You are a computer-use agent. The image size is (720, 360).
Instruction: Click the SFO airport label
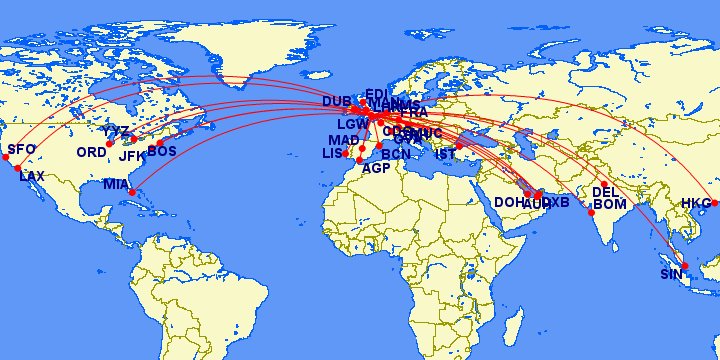21,150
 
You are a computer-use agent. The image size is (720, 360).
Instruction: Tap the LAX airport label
33,176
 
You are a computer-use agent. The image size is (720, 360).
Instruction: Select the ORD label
90,152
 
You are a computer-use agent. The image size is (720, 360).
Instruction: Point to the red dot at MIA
132,191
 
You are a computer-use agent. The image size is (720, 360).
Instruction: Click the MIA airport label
115,184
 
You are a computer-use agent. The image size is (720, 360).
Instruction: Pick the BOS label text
162,151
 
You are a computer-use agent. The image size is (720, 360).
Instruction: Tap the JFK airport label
132,156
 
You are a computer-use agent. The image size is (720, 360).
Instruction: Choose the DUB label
337,101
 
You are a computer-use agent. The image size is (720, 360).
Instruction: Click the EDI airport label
376,94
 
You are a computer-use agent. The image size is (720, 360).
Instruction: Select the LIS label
332,153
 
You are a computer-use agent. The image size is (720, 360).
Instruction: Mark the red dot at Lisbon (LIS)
346,154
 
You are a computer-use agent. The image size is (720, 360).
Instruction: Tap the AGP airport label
376,168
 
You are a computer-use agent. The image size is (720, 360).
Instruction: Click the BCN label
396,154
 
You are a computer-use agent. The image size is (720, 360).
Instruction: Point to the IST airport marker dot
459,146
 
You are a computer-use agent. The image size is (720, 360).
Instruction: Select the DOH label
509,201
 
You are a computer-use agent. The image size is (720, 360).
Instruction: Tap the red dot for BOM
592,213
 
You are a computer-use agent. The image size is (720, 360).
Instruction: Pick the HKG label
694,203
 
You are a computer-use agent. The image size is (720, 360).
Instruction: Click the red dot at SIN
685,265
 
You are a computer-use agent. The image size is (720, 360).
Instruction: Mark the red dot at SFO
5,156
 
